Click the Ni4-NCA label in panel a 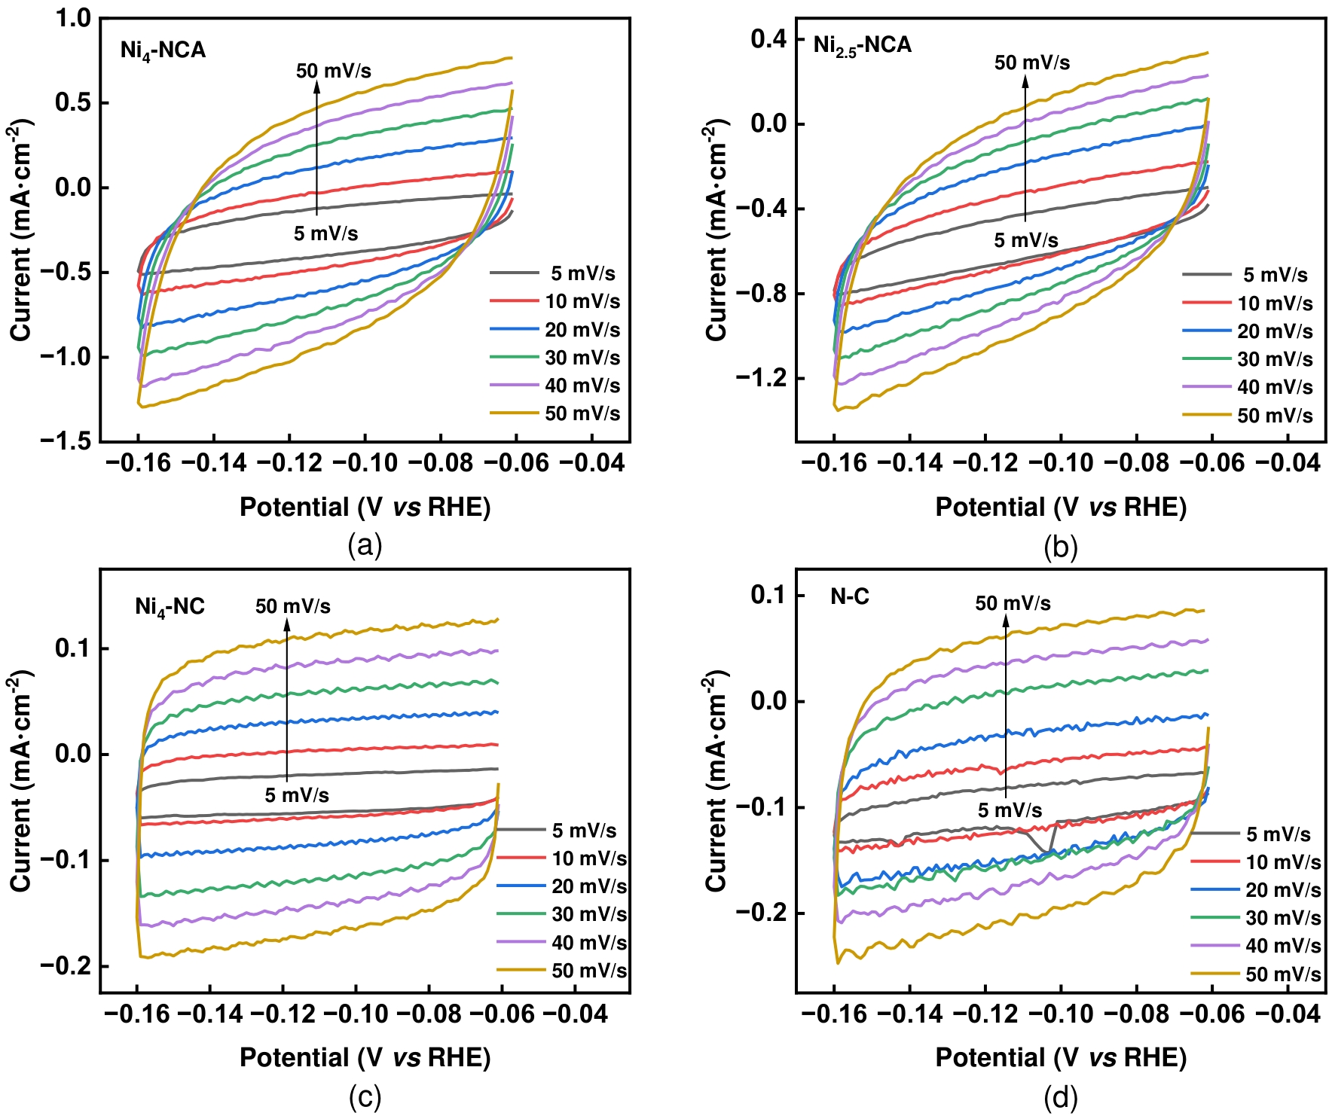pyautogui.click(x=163, y=50)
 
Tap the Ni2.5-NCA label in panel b pyautogui.click(x=862, y=45)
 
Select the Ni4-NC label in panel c pyautogui.click(x=170, y=607)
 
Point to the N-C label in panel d pyautogui.click(x=850, y=597)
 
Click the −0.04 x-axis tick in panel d pyautogui.click(x=1288, y=1014)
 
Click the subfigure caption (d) pyautogui.click(x=1061, y=1099)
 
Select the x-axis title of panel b pyautogui.click(x=1061, y=508)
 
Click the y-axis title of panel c pyautogui.click(x=21, y=781)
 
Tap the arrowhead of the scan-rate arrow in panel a pyautogui.click(x=317, y=85)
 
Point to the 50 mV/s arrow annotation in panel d pyautogui.click(x=1013, y=603)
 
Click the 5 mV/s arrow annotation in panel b pyautogui.click(x=1026, y=240)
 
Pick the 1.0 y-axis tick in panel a pyautogui.click(x=73, y=18)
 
